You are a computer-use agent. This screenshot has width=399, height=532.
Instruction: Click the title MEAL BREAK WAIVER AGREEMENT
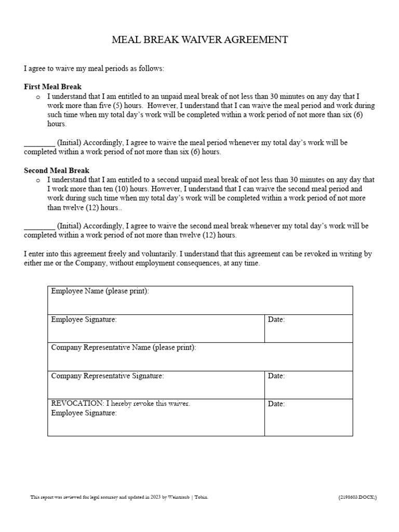click(x=199, y=40)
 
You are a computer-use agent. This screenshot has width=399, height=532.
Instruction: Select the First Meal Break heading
click(x=52, y=87)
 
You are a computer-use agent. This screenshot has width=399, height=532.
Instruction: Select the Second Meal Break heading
click(x=57, y=170)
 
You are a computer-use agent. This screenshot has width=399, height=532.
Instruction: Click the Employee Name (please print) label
click(x=100, y=291)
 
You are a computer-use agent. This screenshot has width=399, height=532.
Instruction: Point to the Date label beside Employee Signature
click(x=276, y=320)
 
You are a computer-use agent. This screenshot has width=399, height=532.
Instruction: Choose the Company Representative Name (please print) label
click(x=124, y=348)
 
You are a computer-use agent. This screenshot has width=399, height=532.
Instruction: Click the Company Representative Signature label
click(x=108, y=376)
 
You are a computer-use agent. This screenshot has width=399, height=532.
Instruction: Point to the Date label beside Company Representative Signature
click(x=276, y=376)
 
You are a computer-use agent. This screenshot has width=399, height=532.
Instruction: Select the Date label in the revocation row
click(x=276, y=404)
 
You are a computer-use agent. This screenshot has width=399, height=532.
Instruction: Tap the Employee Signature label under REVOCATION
click(x=84, y=414)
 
